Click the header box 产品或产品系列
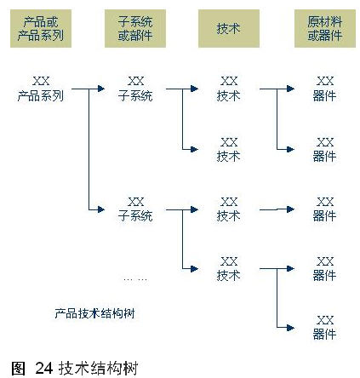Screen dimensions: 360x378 click(41, 28)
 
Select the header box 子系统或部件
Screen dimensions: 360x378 click(135, 28)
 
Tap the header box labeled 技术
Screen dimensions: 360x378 click(229, 28)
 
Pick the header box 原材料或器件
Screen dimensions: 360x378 click(325, 28)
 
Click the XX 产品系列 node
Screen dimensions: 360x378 click(41, 89)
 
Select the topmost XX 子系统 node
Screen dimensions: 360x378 click(135, 89)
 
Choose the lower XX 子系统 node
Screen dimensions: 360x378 click(135, 209)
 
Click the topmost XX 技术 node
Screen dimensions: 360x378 click(229, 89)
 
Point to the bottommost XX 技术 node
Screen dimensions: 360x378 click(229, 268)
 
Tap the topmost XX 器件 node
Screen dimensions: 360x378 click(325, 89)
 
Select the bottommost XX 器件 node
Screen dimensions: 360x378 click(325, 328)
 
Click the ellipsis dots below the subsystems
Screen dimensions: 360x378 click(135, 280)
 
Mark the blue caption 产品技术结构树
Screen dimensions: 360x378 click(94, 313)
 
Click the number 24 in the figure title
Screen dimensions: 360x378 click(44, 368)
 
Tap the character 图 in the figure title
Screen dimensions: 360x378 click(19, 368)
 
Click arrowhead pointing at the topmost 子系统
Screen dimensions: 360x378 click(101, 89)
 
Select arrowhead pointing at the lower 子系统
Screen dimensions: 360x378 click(101, 209)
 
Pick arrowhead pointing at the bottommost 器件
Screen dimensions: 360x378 click(290, 328)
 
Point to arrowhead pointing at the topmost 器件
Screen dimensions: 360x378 click(290, 89)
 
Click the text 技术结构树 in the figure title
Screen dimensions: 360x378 click(98, 368)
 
